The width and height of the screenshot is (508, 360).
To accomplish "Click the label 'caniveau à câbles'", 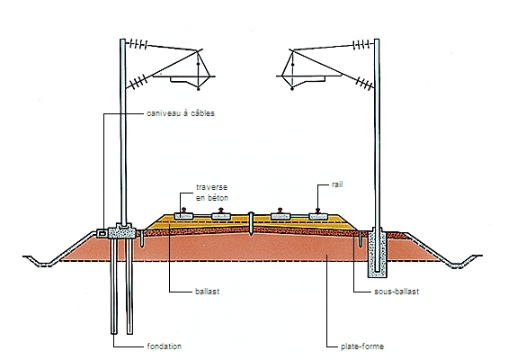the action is point(181,113).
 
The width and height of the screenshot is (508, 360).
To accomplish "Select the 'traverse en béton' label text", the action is point(212,193).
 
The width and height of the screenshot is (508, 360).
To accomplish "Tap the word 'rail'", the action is point(337,184).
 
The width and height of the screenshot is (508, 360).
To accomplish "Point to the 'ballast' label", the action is point(208,292).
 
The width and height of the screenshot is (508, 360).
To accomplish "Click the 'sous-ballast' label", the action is point(397,292).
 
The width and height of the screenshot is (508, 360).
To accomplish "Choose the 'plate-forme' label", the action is point(362,346).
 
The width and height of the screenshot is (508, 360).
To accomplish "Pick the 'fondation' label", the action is point(165,346).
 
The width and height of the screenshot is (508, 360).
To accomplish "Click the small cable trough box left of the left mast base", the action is point(102,233).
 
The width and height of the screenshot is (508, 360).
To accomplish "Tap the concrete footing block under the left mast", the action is point(121,231).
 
